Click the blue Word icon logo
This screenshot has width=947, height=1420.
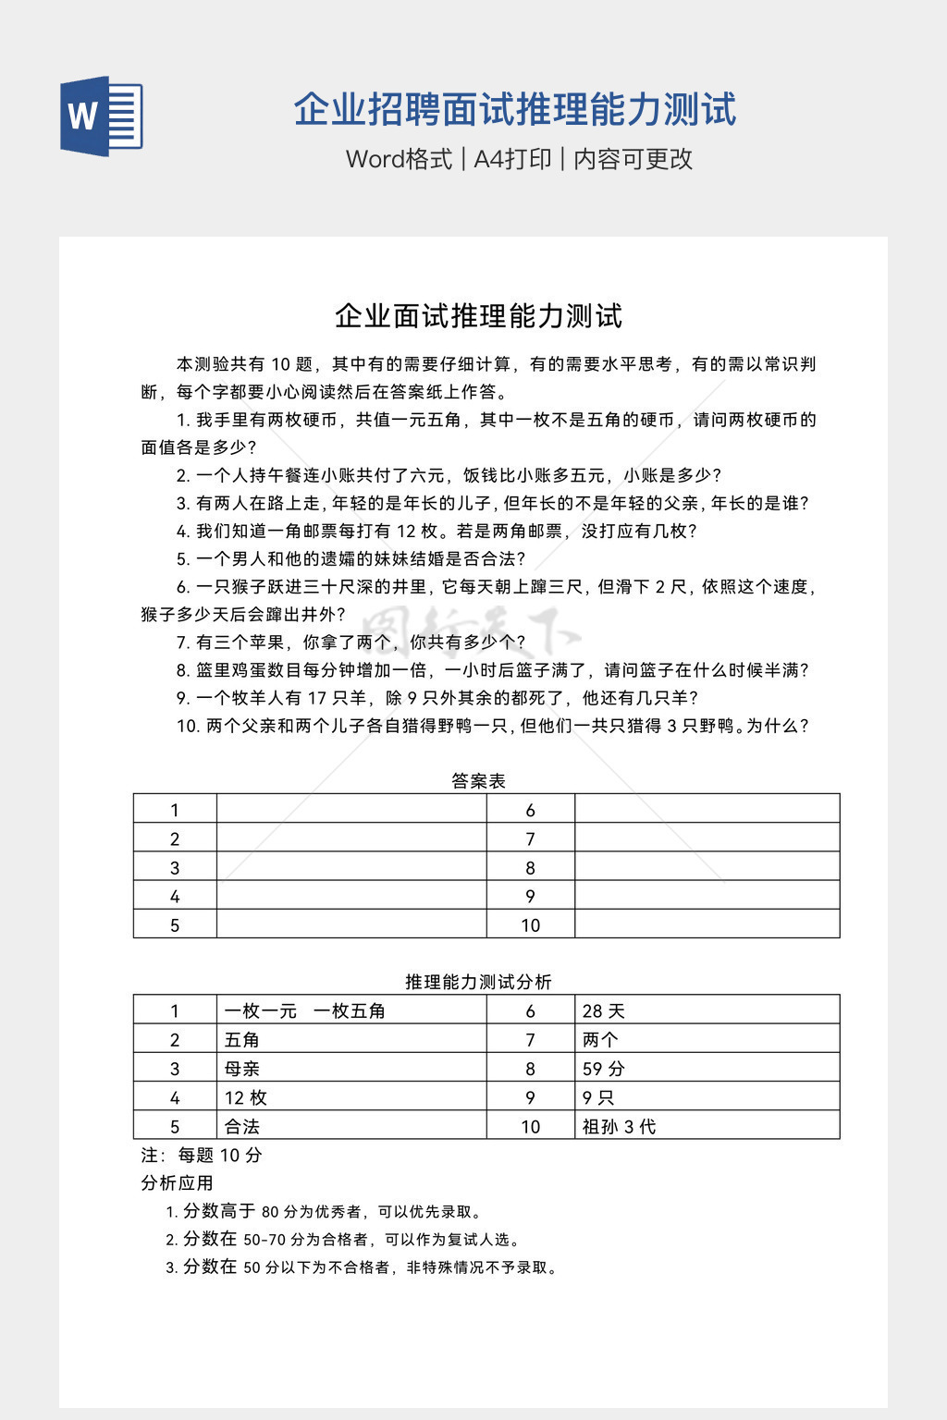pyautogui.click(x=102, y=116)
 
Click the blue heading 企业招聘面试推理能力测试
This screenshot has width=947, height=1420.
pyautogui.click(x=515, y=110)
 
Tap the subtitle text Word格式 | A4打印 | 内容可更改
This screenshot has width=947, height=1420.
pyautogui.click(x=519, y=159)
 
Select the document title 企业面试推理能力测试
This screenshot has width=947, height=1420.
pyautogui.click(x=478, y=316)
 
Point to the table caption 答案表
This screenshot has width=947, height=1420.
pyautogui.click(x=478, y=781)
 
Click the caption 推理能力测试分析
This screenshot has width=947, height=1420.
pyautogui.click(x=478, y=982)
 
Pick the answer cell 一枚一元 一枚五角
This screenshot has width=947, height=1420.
pyautogui.click(x=305, y=1010)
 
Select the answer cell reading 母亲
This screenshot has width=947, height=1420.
pyautogui.click(x=242, y=1069)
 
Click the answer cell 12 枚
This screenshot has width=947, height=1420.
pyautogui.click(x=246, y=1097)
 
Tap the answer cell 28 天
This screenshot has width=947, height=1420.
pyautogui.click(x=604, y=1010)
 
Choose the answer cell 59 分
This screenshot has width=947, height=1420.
pyautogui.click(x=604, y=1069)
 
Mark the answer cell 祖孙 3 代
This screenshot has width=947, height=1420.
pyautogui.click(x=619, y=1126)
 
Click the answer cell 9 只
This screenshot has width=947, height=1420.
pyautogui.click(x=598, y=1097)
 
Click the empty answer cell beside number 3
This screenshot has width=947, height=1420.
pyautogui.click(x=351, y=867)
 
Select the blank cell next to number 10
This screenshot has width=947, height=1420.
pyautogui.click(x=707, y=924)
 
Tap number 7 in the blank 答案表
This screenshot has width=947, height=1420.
pyautogui.click(x=530, y=839)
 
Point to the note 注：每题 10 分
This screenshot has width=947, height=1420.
pyautogui.click(x=202, y=1155)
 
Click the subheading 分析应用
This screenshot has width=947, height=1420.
pyautogui.click(x=177, y=1182)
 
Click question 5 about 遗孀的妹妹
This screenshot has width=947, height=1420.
pyautogui.click(x=351, y=558)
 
